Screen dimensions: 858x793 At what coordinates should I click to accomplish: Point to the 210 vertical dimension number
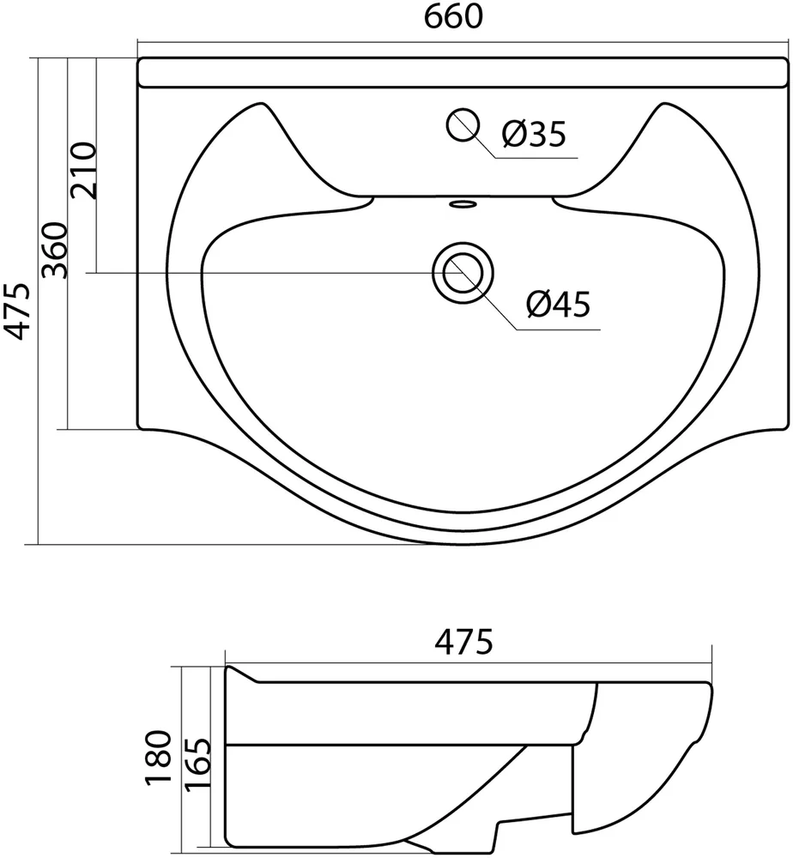(x=84, y=171)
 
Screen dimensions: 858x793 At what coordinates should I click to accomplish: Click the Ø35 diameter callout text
(x=534, y=135)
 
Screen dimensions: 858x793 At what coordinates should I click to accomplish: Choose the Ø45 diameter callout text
(x=559, y=305)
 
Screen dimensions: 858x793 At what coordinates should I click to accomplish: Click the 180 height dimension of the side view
(x=158, y=758)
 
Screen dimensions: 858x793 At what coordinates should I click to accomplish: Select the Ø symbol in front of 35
(x=513, y=135)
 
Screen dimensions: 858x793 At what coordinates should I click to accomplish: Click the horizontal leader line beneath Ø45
(x=558, y=329)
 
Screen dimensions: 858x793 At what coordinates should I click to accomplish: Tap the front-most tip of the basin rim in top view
(x=463, y=542)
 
